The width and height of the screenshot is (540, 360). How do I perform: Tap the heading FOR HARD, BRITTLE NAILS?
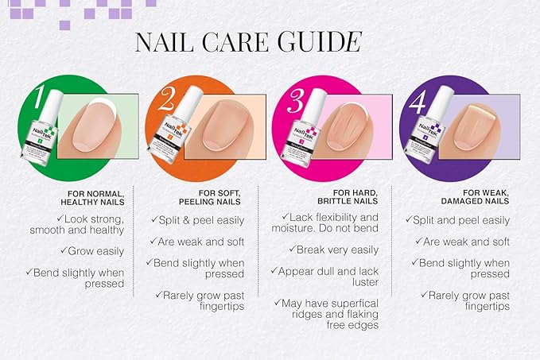click(350, 198)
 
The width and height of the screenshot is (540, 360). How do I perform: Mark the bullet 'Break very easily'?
click(330, 250)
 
